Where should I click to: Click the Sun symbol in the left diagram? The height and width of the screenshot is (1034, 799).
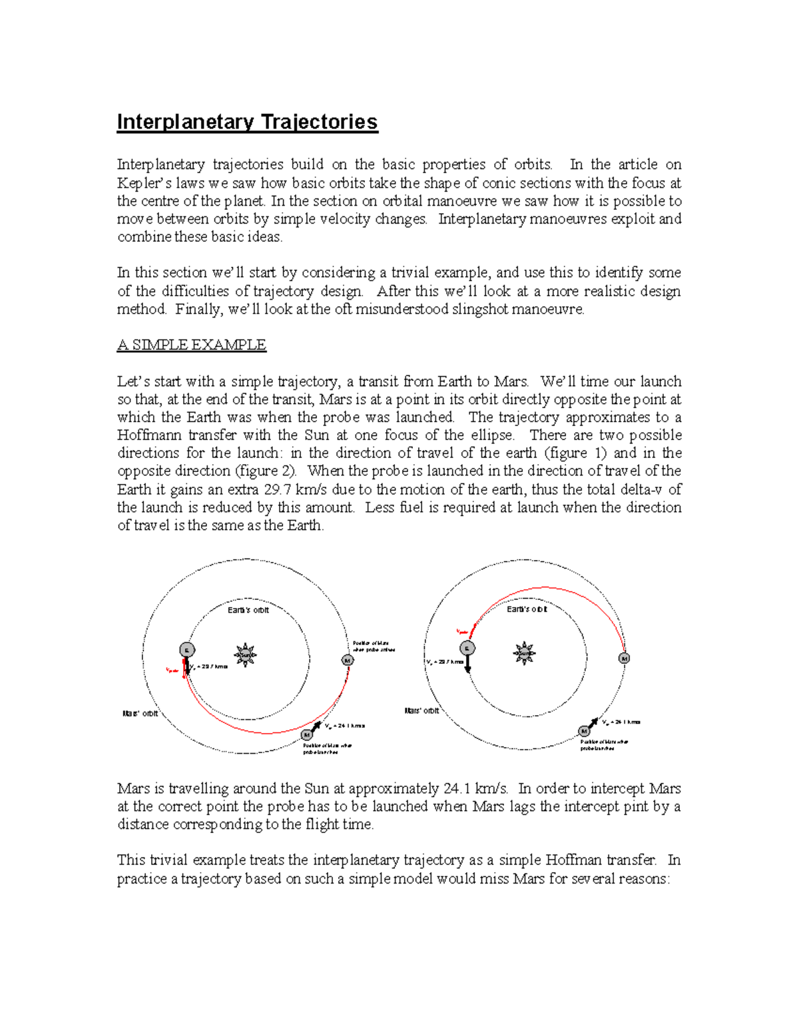click(246, 655)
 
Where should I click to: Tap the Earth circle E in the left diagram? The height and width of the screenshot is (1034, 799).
click(188, 650)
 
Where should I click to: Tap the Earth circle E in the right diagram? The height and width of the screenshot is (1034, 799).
click(467, 648)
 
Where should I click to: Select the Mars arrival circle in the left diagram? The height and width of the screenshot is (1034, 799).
click(348, 660)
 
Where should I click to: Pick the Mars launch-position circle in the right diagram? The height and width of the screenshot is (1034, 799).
click(584, 731)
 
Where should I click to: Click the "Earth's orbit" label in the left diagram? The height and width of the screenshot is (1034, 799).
click(248, 610)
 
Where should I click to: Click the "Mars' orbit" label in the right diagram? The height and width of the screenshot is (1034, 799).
click(422, 711)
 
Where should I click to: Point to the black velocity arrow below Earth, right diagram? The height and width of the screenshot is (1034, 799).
click(468, 664)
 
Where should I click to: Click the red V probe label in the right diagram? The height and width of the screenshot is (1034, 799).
click(461, 631)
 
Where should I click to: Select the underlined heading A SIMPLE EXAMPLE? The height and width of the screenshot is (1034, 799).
click(192, 345)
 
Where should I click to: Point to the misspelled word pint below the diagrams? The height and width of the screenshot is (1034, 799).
click(635, 807)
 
